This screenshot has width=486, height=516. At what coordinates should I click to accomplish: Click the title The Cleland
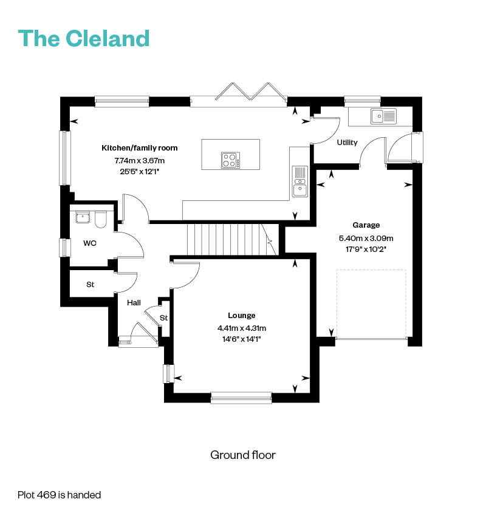point(84,38)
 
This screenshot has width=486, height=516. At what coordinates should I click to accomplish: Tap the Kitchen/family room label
point(140,148)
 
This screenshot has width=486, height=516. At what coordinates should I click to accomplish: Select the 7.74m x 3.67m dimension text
point(140,161)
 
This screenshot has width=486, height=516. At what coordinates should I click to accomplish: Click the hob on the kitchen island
point(230,160)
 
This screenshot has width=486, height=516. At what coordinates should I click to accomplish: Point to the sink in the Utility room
point(383,116)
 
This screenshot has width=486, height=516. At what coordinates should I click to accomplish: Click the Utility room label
point(347,143)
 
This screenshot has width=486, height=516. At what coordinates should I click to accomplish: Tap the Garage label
point(366,225)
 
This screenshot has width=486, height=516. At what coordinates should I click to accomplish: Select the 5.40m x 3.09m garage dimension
point(366,238)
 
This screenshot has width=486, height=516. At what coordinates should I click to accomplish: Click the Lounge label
point(242,316)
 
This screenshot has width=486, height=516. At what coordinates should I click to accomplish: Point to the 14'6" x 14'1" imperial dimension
point(242,339)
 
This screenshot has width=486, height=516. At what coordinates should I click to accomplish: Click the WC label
point(90,243)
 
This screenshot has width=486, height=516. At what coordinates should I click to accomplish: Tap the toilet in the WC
point(101,220)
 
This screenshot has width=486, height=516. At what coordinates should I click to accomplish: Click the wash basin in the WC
point(83,217)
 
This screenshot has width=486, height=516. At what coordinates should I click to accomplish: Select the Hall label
point(134,303)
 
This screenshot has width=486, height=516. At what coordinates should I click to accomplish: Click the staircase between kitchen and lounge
point(232,240)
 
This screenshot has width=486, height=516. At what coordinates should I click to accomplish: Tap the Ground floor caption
point(243,455)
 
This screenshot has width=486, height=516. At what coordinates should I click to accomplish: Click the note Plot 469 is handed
point(60,495)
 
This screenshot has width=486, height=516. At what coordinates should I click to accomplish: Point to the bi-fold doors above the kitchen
point(252,91)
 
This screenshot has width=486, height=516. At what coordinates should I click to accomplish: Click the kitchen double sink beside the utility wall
point(300,182)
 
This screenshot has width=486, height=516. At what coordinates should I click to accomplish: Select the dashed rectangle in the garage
point(371,304)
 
